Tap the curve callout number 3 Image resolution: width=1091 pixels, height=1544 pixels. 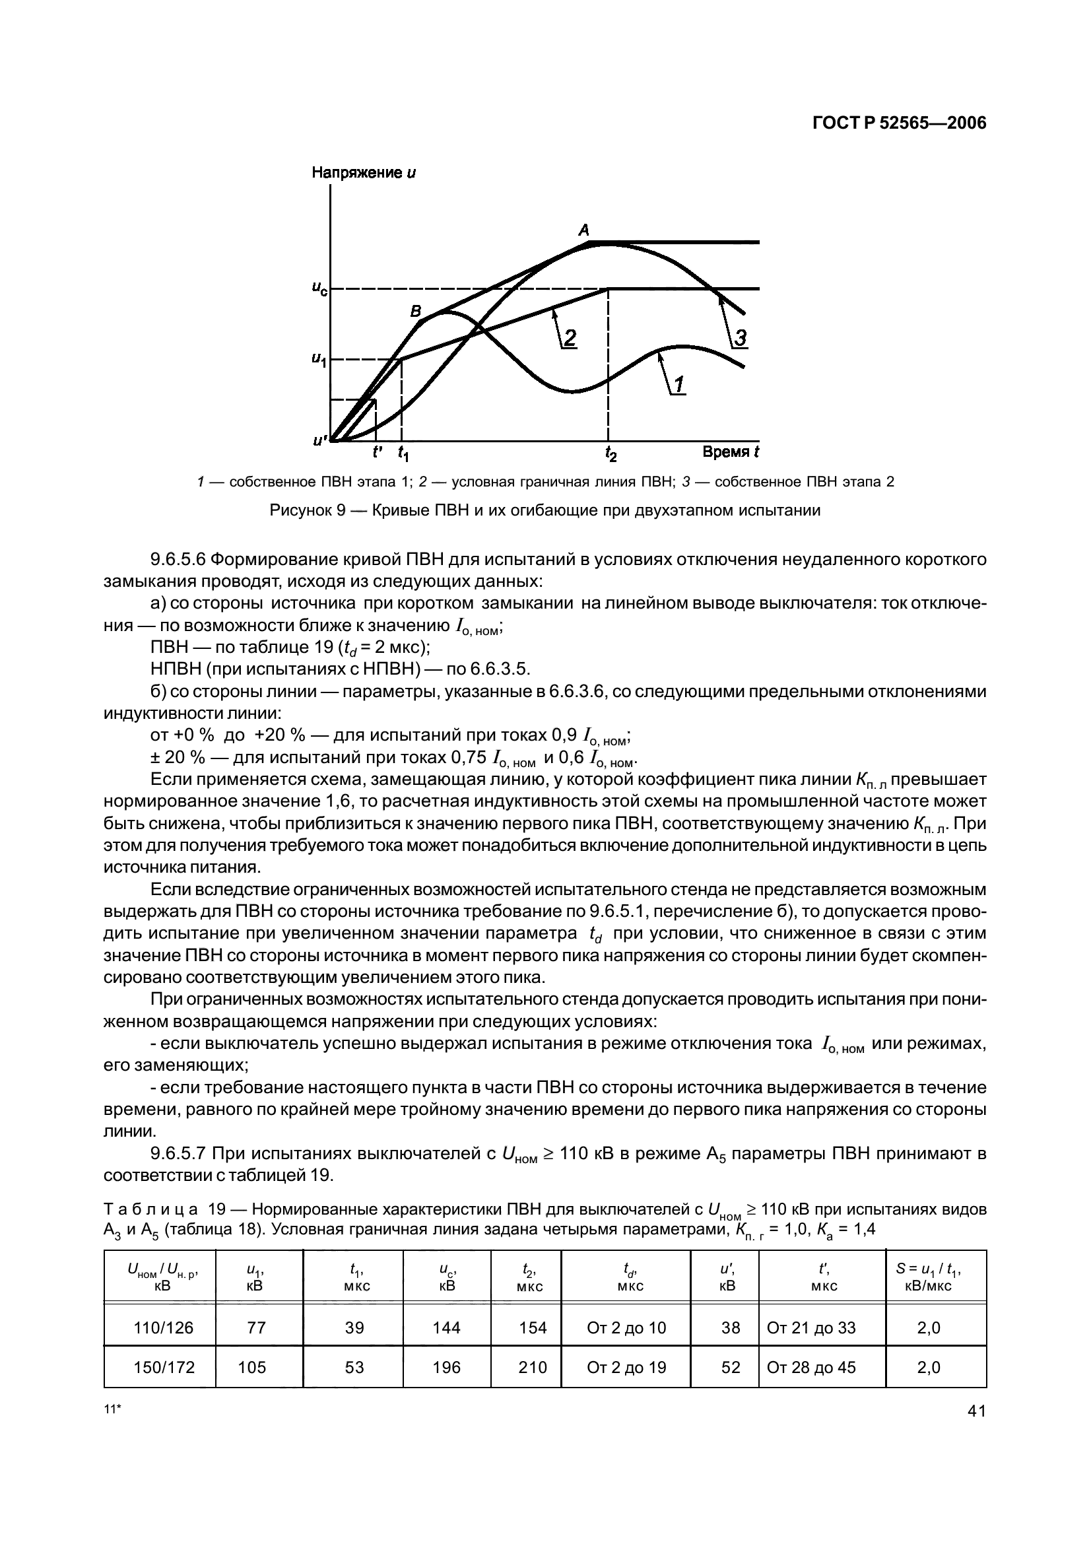(x=739, y=338)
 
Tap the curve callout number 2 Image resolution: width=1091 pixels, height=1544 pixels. (x=570, y=338)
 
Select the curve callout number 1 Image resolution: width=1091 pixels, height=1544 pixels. (x=678, y=385)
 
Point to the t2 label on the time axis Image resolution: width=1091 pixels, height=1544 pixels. (x=610, y=454)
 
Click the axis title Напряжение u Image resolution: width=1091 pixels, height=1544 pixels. (x=364, y=173)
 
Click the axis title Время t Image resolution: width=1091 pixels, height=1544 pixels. (x=730, y=452)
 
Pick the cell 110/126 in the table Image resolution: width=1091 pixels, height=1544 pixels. (x=163, y=1327)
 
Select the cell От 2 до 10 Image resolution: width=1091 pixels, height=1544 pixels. (x=626, y=1327)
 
